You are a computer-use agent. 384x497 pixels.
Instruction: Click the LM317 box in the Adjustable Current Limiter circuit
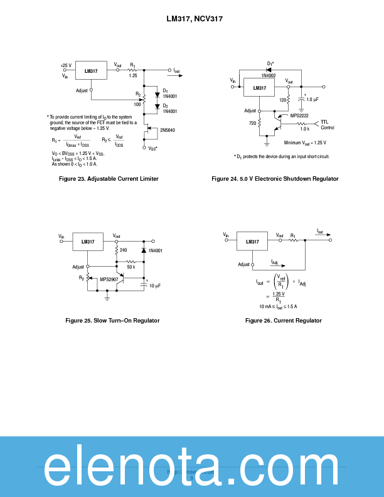(x=91, y=72)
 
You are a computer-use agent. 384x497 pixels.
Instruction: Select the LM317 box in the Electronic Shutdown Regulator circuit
(x=260, y=88)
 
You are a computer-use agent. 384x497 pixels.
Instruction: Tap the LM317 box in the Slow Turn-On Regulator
(x=88, y=242)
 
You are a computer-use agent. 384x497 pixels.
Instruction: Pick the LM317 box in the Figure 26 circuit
(x=252, y=242)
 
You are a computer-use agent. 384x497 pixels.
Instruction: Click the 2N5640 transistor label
(x=168, y=130)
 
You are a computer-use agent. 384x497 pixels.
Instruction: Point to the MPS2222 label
(x=299, y=115)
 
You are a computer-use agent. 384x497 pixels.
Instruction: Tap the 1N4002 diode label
(x=270, y=75)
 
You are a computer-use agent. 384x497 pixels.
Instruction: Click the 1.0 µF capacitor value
(x=312, y=100)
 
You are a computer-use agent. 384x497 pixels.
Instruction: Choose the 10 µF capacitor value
(x=154, y=286)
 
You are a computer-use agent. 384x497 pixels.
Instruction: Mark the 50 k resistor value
(x=131, y=267)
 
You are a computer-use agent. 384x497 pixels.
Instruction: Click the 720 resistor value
(x=252, y=123)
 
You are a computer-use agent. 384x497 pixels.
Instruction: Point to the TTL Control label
(x=327, y=124)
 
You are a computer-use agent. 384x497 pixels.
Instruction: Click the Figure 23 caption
(x=109, y=179)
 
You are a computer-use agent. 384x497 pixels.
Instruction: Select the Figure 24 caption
(x=275, y=179)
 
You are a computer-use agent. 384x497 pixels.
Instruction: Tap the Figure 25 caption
(x=112, y=321)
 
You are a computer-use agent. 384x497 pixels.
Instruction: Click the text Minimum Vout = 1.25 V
(x=305, y=143)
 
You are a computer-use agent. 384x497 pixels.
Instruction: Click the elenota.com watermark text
(x=192, y=468)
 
